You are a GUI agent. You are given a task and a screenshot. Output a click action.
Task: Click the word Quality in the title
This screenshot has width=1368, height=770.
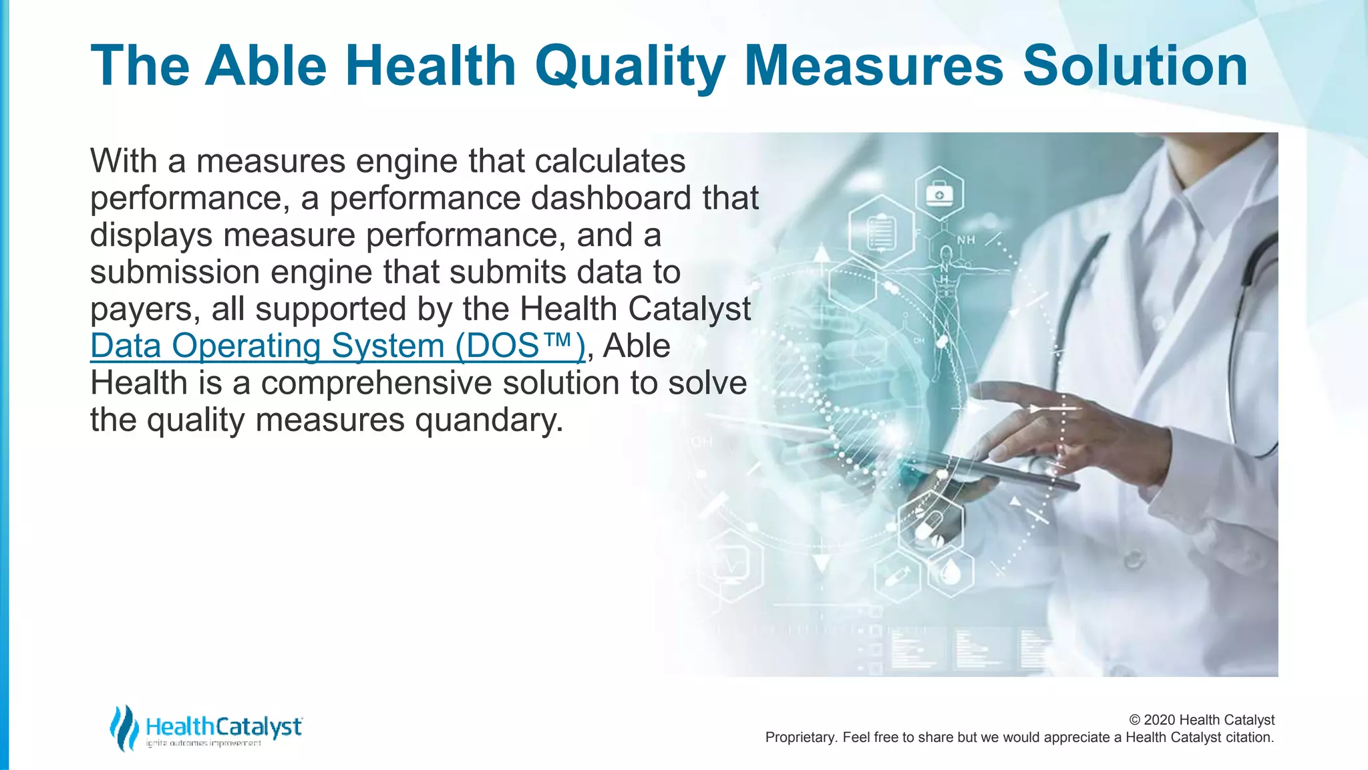[630, 66]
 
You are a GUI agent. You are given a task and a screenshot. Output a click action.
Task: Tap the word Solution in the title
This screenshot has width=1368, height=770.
[1135, 66]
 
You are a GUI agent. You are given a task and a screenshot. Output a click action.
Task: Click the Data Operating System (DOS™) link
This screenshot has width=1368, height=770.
[337, 346]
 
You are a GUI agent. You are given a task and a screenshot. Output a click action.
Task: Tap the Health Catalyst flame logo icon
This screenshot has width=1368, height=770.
[124, 727]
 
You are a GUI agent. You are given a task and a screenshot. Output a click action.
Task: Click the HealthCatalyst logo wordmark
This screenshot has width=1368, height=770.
[224, 727]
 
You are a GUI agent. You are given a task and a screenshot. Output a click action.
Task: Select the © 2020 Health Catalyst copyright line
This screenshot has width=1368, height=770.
[1201, 720]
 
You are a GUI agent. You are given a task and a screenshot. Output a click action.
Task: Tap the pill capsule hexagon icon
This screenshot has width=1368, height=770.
[930, 524]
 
